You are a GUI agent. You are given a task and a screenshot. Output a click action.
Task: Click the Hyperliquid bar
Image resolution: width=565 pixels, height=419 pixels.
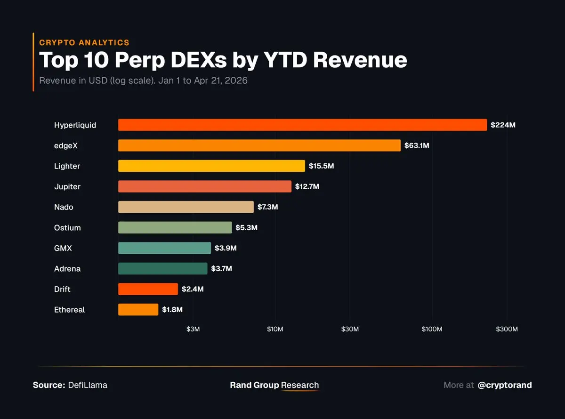(302, 125)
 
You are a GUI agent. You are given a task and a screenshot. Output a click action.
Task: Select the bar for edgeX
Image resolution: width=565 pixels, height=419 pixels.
(259, 145)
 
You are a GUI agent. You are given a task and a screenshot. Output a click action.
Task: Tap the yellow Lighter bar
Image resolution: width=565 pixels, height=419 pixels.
(211, 166)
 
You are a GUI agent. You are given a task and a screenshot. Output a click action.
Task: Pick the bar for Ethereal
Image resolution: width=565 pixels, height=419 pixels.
(138, 309)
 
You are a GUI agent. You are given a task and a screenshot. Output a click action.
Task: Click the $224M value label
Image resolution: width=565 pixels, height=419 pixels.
(503, 125)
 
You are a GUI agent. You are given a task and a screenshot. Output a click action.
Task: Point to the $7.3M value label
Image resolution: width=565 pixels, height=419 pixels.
(267, 207)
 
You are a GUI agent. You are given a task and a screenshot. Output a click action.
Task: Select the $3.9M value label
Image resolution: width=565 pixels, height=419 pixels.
(226, 248)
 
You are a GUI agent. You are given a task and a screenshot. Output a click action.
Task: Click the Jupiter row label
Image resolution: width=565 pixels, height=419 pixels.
(67, 187)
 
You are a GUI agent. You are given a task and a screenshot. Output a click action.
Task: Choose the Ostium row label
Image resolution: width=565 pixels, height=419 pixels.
(67, 228)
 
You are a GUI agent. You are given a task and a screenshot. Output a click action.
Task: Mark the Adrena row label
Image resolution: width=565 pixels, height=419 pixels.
(67, 269)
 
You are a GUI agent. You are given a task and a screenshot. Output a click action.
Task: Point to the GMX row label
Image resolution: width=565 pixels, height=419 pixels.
(63, 248)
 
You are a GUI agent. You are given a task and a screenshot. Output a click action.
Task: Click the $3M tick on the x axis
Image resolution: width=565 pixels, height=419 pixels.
(193, 329)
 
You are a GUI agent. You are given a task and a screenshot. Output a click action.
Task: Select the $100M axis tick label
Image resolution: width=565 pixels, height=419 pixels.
(432, 329)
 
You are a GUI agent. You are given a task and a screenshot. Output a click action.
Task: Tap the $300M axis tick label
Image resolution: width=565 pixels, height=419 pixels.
(507, 329)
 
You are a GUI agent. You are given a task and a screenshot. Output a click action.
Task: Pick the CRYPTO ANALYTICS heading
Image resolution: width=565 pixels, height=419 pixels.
(84, 42)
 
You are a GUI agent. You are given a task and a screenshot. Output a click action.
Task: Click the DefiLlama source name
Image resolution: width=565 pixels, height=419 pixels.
(88, 385)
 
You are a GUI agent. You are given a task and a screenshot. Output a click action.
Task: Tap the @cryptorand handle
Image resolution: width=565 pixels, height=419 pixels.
(505, 385)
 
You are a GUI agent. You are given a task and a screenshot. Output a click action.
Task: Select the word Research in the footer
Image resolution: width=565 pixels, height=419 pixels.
(300, 385)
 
